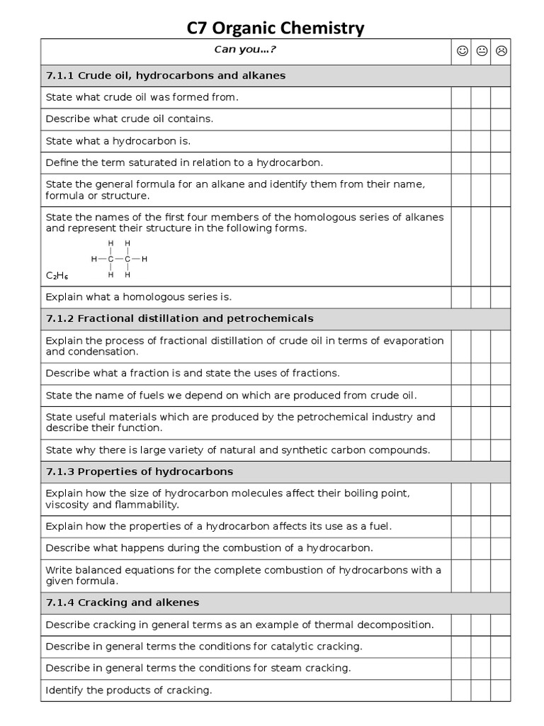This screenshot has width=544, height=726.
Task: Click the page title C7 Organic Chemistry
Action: (276, 28)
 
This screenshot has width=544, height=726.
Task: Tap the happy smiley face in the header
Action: (462, 51)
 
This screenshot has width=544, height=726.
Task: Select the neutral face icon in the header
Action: (482, 51)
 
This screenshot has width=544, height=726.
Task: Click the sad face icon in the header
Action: (501, 51)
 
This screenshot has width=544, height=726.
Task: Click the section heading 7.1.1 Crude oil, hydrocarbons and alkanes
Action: (166, 75)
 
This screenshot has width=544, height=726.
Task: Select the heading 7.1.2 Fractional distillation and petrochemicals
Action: (179, 318)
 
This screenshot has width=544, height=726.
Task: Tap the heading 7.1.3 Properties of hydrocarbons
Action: (140, 471)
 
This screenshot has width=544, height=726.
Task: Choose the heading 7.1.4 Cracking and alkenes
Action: (123, 603)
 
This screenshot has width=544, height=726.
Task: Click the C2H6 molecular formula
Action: (57, 275)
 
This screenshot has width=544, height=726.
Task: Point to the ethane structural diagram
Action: (118, 259)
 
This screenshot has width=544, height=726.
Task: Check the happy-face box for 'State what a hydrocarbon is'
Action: (461, 141)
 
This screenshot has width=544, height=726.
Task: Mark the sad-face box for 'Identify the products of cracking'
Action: (500, 690)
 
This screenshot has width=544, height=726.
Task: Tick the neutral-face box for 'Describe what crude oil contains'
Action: (481, 119)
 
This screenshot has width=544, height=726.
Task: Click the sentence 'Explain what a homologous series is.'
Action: (139, 297)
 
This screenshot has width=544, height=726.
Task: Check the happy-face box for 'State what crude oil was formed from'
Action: (461, 97)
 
